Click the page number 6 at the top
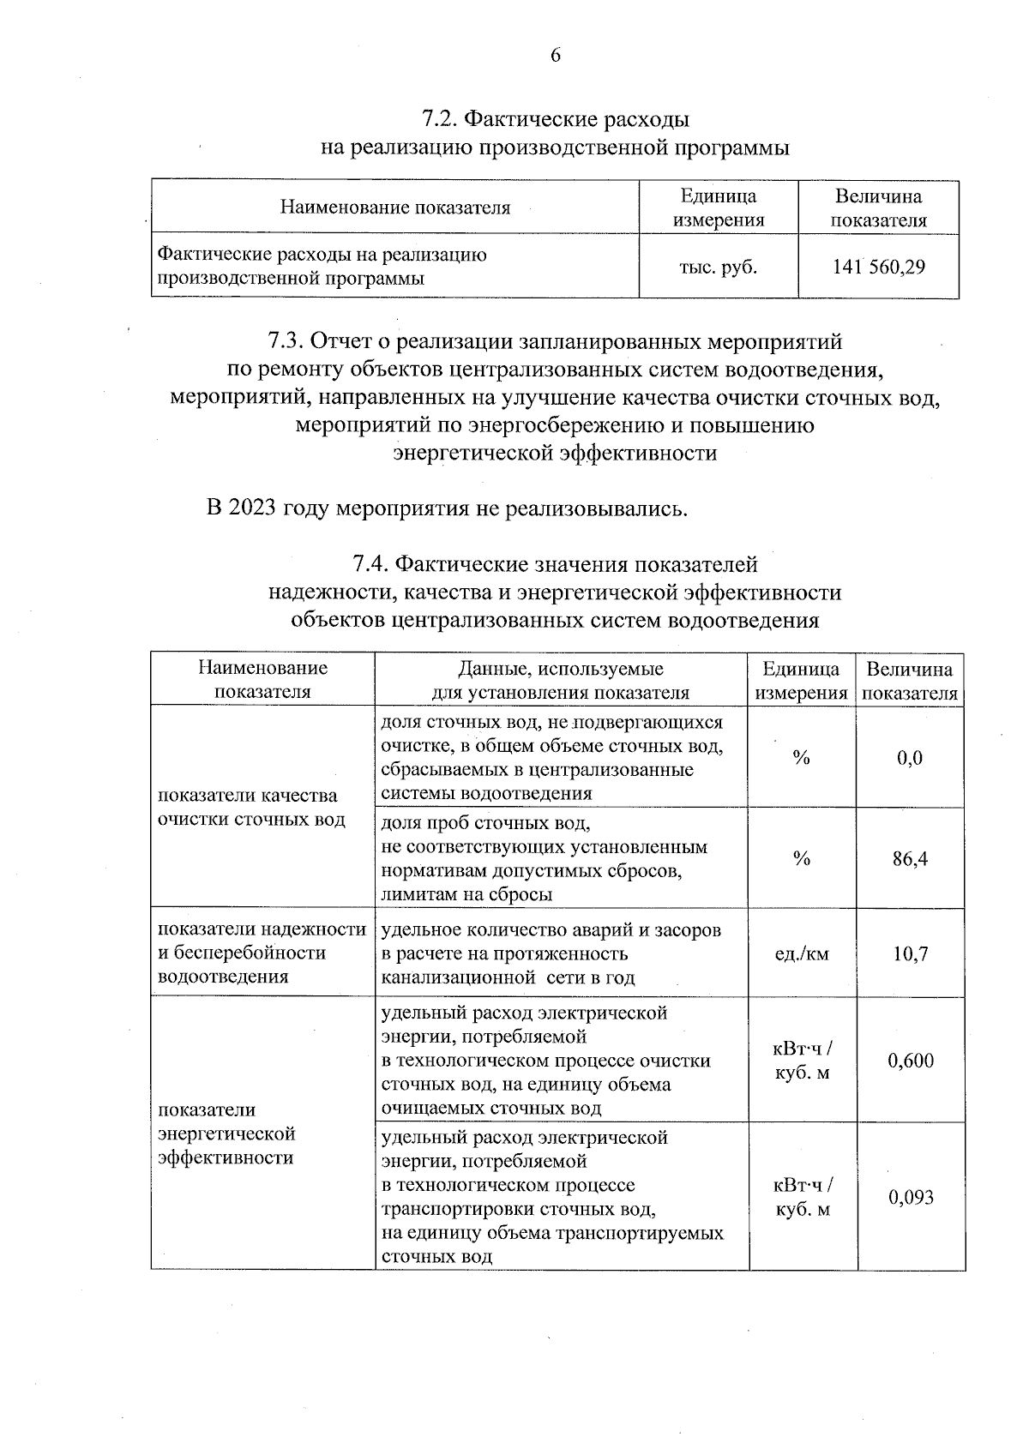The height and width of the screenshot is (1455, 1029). point(555,56)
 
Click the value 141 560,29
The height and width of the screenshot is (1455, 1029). point(878,267)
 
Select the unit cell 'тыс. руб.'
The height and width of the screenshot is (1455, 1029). point(718,267)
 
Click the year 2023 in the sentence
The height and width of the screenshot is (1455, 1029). point(254,508)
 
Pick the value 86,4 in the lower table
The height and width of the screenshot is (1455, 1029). point(910,858)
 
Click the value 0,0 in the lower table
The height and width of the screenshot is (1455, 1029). point(910,757)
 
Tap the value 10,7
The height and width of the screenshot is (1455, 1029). point(910,953)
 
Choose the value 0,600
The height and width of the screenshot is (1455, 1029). point(911,1061)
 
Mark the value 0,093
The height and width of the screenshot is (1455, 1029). point(911,1197)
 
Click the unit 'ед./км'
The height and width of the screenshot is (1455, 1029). point(802,953)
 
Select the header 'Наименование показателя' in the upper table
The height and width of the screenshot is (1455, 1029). point(395,207)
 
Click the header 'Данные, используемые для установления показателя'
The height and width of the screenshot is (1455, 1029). point(561,681)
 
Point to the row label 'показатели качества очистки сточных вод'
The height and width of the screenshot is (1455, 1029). point(251,808)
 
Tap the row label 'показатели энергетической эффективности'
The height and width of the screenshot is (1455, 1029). point(227,1133)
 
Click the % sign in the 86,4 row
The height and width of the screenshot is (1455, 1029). point(802,858)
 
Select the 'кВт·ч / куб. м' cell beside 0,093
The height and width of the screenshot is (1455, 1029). point(803,1197)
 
